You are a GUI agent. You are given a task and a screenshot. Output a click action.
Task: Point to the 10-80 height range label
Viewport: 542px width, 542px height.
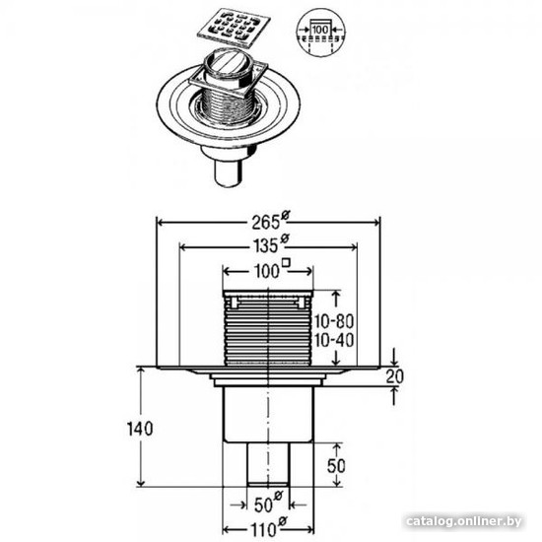tap(334, 322)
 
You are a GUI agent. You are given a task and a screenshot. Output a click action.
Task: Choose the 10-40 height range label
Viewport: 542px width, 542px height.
tap(334, 340)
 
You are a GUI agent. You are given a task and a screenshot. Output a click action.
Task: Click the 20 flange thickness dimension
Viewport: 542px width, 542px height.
tap(394, 376)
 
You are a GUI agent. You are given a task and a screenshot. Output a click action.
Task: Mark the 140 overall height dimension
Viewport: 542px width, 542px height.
tap(140, 429)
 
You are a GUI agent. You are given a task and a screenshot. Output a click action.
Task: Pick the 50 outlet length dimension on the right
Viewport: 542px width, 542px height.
tap(336, 465)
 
